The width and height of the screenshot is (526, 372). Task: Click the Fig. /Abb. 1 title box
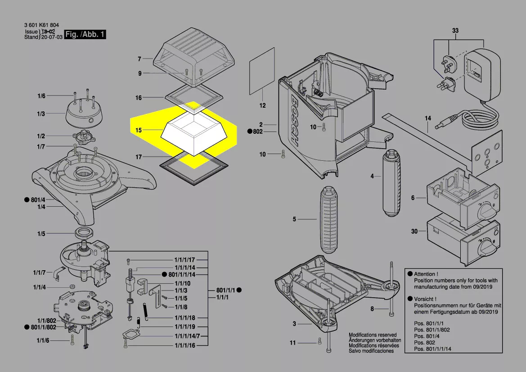85,34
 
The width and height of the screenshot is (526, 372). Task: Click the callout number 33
455,31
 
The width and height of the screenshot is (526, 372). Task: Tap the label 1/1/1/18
184,318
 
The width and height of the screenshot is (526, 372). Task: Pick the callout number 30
414,231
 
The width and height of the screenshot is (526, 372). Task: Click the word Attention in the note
424,274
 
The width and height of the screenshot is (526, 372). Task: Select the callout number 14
427,118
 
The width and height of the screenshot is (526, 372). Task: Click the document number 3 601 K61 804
41,25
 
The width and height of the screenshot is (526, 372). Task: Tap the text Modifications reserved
373,335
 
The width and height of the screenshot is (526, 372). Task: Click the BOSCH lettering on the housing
300,120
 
